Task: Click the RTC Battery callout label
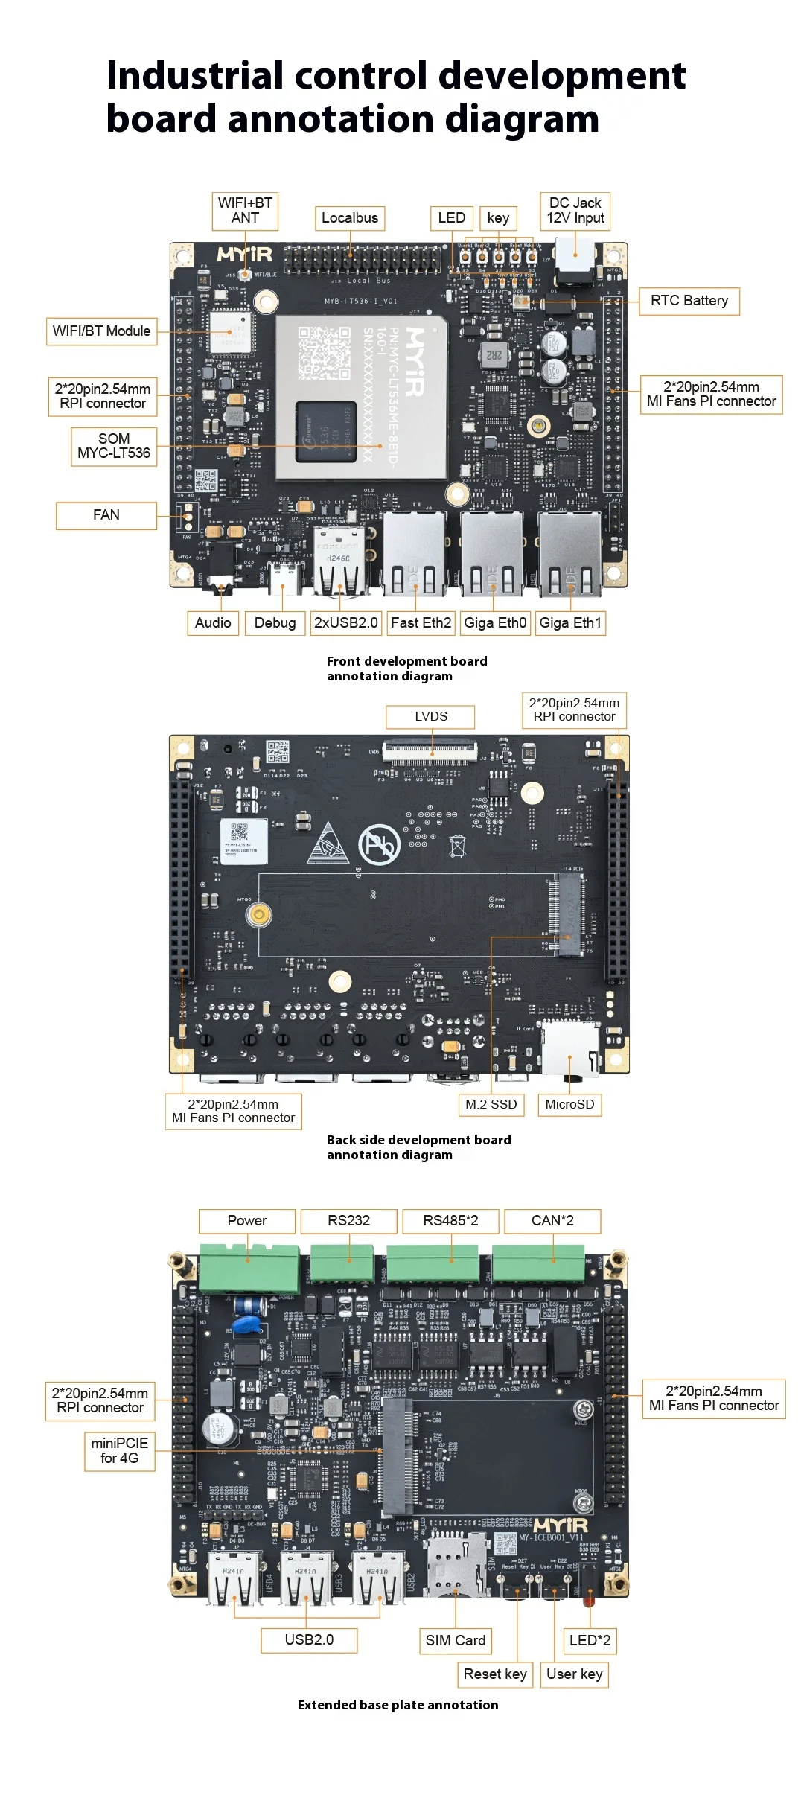(x=689, y=301)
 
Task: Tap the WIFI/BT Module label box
(x=101, y=331)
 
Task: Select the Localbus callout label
(x=350, y=218)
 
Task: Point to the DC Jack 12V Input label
(x=575, y=211)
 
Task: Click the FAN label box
(x=106, y=515)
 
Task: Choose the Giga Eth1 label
(x=570, y=623)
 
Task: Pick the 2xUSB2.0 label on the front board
(x=346, y=623)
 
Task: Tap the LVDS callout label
(x=431, y=717)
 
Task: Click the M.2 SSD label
(x=491, y=1104)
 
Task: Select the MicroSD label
(x=569, y=1104)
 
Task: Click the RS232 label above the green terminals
(x=348, y=1221)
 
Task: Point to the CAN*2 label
(x=552, y=1221)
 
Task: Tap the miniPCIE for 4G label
(x=120, y=1450)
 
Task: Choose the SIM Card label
(x=456, y=1640)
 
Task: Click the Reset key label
(x=495, y=1674)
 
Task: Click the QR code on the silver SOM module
(x=324, y=353)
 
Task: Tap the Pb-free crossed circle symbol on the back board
(x=380, y=844)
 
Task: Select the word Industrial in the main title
(x=194, y=76)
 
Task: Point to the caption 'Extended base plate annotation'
(x=398, y=1705)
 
